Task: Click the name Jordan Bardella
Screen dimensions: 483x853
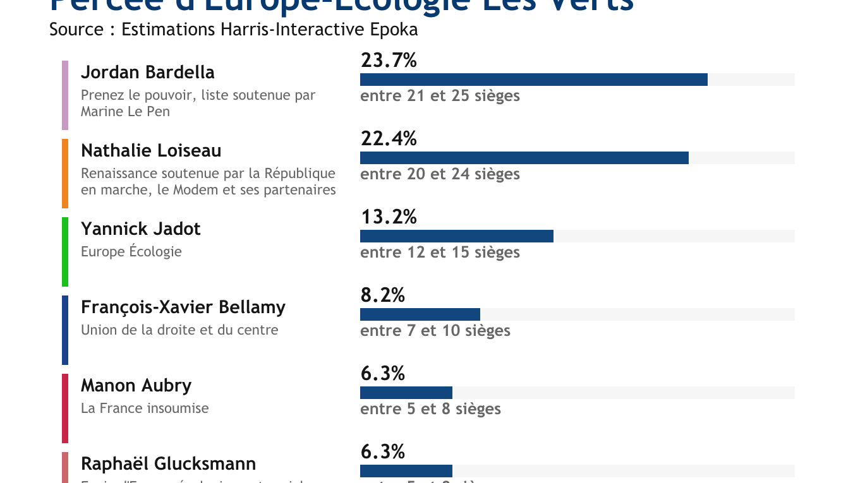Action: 148,72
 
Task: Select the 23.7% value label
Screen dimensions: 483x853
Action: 389,61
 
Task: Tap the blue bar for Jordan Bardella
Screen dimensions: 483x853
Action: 533,80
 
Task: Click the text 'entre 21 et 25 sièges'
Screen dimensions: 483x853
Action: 440,96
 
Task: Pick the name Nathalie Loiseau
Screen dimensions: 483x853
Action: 151,150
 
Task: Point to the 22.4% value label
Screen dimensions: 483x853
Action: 389,139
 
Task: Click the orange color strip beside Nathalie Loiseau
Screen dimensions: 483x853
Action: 65,174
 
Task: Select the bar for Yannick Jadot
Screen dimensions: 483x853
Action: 456,236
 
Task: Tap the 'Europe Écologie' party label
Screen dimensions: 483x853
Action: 131,251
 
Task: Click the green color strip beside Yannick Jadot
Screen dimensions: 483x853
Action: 65,252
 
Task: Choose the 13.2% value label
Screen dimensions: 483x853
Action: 389,217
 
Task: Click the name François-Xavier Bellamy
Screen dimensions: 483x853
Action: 183,307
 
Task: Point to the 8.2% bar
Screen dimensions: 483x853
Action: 420,314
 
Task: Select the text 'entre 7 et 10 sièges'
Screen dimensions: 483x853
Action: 435,331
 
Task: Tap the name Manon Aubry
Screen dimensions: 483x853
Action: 136,385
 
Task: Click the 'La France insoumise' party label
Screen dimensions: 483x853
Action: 145,408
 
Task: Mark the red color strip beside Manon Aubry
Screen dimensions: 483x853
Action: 65,408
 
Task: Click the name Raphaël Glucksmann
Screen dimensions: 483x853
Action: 168,463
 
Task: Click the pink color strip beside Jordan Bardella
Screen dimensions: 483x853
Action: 65,95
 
